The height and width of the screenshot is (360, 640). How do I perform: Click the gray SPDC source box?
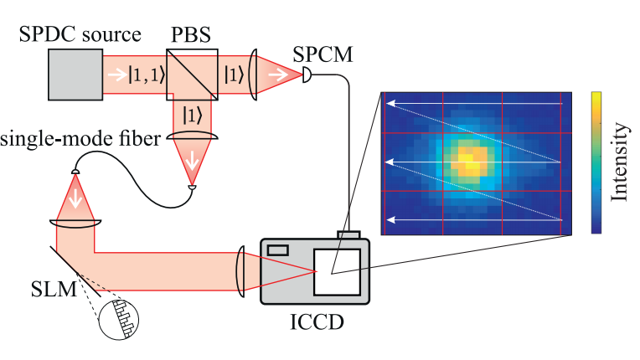coord(73,75)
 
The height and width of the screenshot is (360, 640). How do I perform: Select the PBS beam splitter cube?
coord(192,75)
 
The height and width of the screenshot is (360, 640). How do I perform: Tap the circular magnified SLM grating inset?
coord(119,320)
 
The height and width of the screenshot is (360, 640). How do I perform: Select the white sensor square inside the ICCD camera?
coord(337,271)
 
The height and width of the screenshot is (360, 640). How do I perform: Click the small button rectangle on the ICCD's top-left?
coord(279,249)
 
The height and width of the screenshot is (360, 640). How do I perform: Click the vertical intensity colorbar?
coord(595,162)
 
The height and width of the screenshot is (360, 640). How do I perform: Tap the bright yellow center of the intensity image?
coord(469,161)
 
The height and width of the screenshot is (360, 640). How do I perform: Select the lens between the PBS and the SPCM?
coord(254,75)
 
